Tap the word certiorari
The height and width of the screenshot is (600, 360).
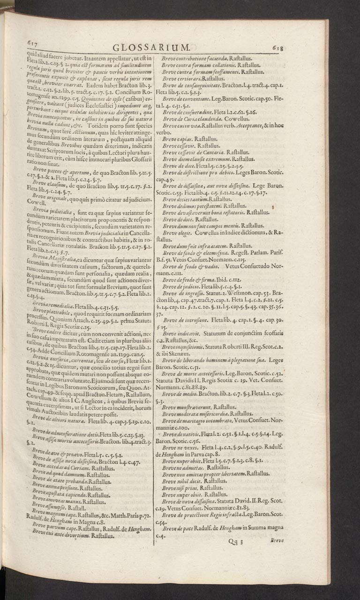tap(193, 79)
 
